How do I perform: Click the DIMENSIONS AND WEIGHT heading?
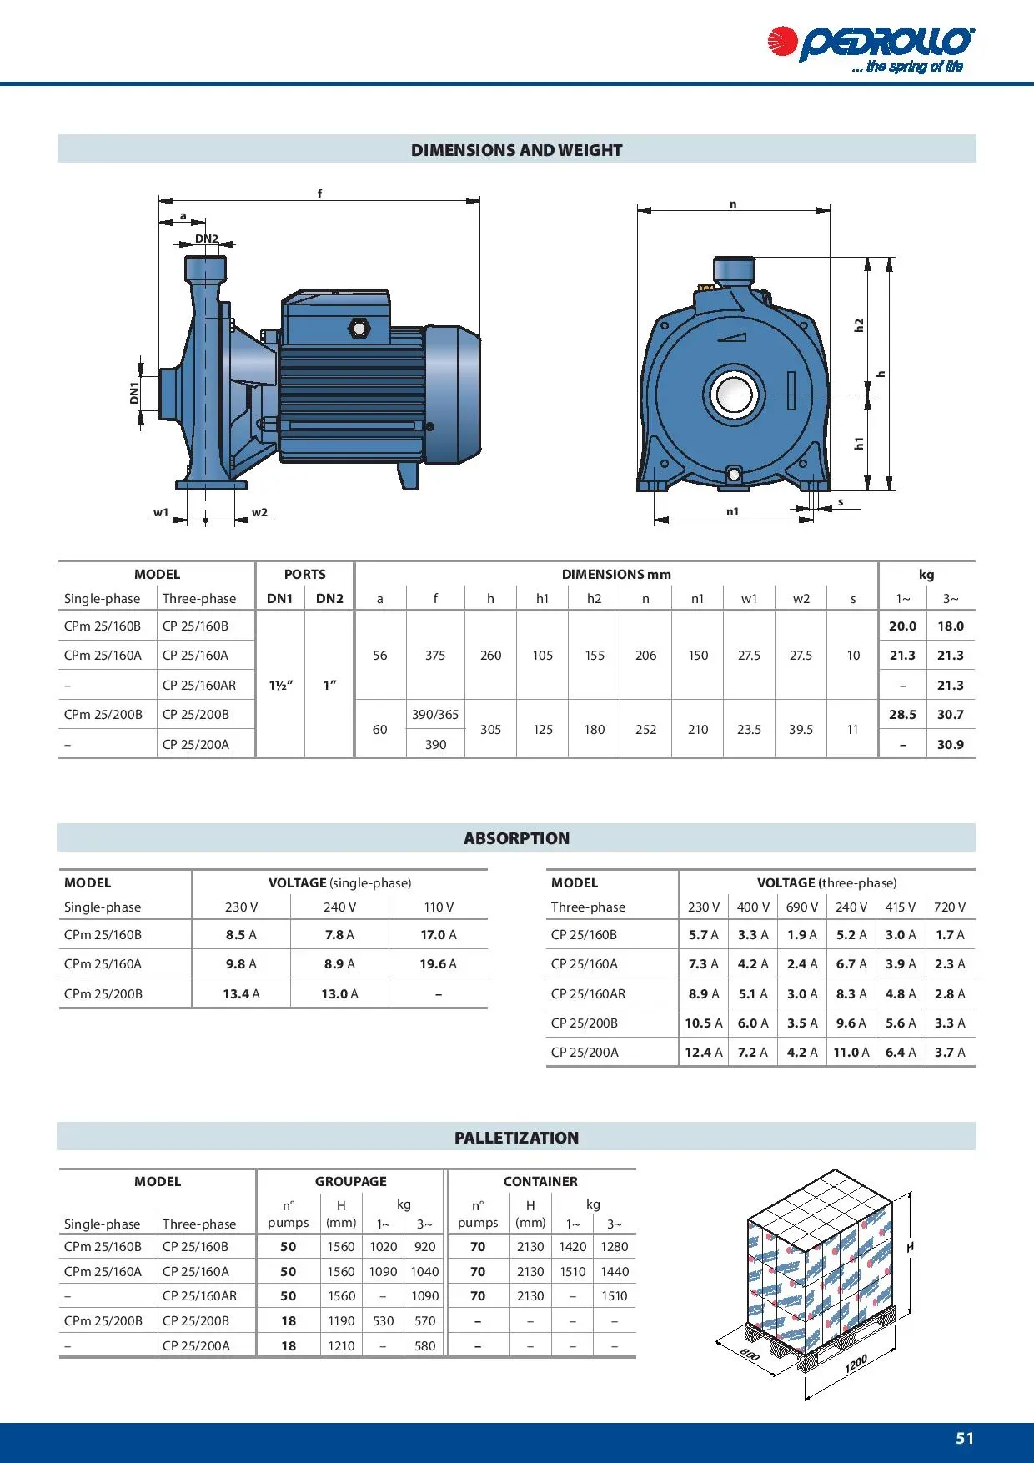[516, 150]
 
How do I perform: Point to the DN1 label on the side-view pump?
[134, 394]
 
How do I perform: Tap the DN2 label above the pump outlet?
[206, 239]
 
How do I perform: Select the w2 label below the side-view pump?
[259, 512]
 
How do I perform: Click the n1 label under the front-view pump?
[732, 511]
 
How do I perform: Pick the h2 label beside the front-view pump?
[859, 325]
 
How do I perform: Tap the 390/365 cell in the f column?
[434, 714]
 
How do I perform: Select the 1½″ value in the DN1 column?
[280, 685]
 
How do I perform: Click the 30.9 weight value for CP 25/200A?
[950, 744]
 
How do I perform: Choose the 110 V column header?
[439, 907]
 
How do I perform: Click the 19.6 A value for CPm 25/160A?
[438, 963]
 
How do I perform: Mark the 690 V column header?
[801, 907]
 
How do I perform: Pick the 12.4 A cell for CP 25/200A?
[703, 1052]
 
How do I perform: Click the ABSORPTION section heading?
[516, 838]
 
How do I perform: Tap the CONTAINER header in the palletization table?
[540, 1181]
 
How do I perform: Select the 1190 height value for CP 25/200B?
[341, 1320]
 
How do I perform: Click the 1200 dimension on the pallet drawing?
[856, 1364]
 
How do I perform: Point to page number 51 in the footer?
[964, 1438]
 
